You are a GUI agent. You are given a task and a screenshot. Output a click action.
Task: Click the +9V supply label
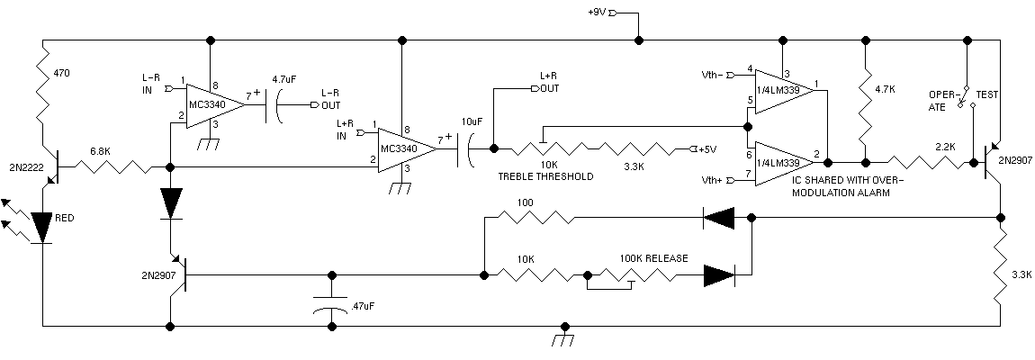(596, 12)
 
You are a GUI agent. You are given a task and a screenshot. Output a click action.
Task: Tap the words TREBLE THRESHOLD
(545, 176)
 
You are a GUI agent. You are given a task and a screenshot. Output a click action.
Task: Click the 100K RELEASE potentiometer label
(653, 258)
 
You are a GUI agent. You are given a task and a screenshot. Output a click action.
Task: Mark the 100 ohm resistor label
(526, 202)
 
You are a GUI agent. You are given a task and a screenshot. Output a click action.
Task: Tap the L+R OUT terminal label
(550, 83)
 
